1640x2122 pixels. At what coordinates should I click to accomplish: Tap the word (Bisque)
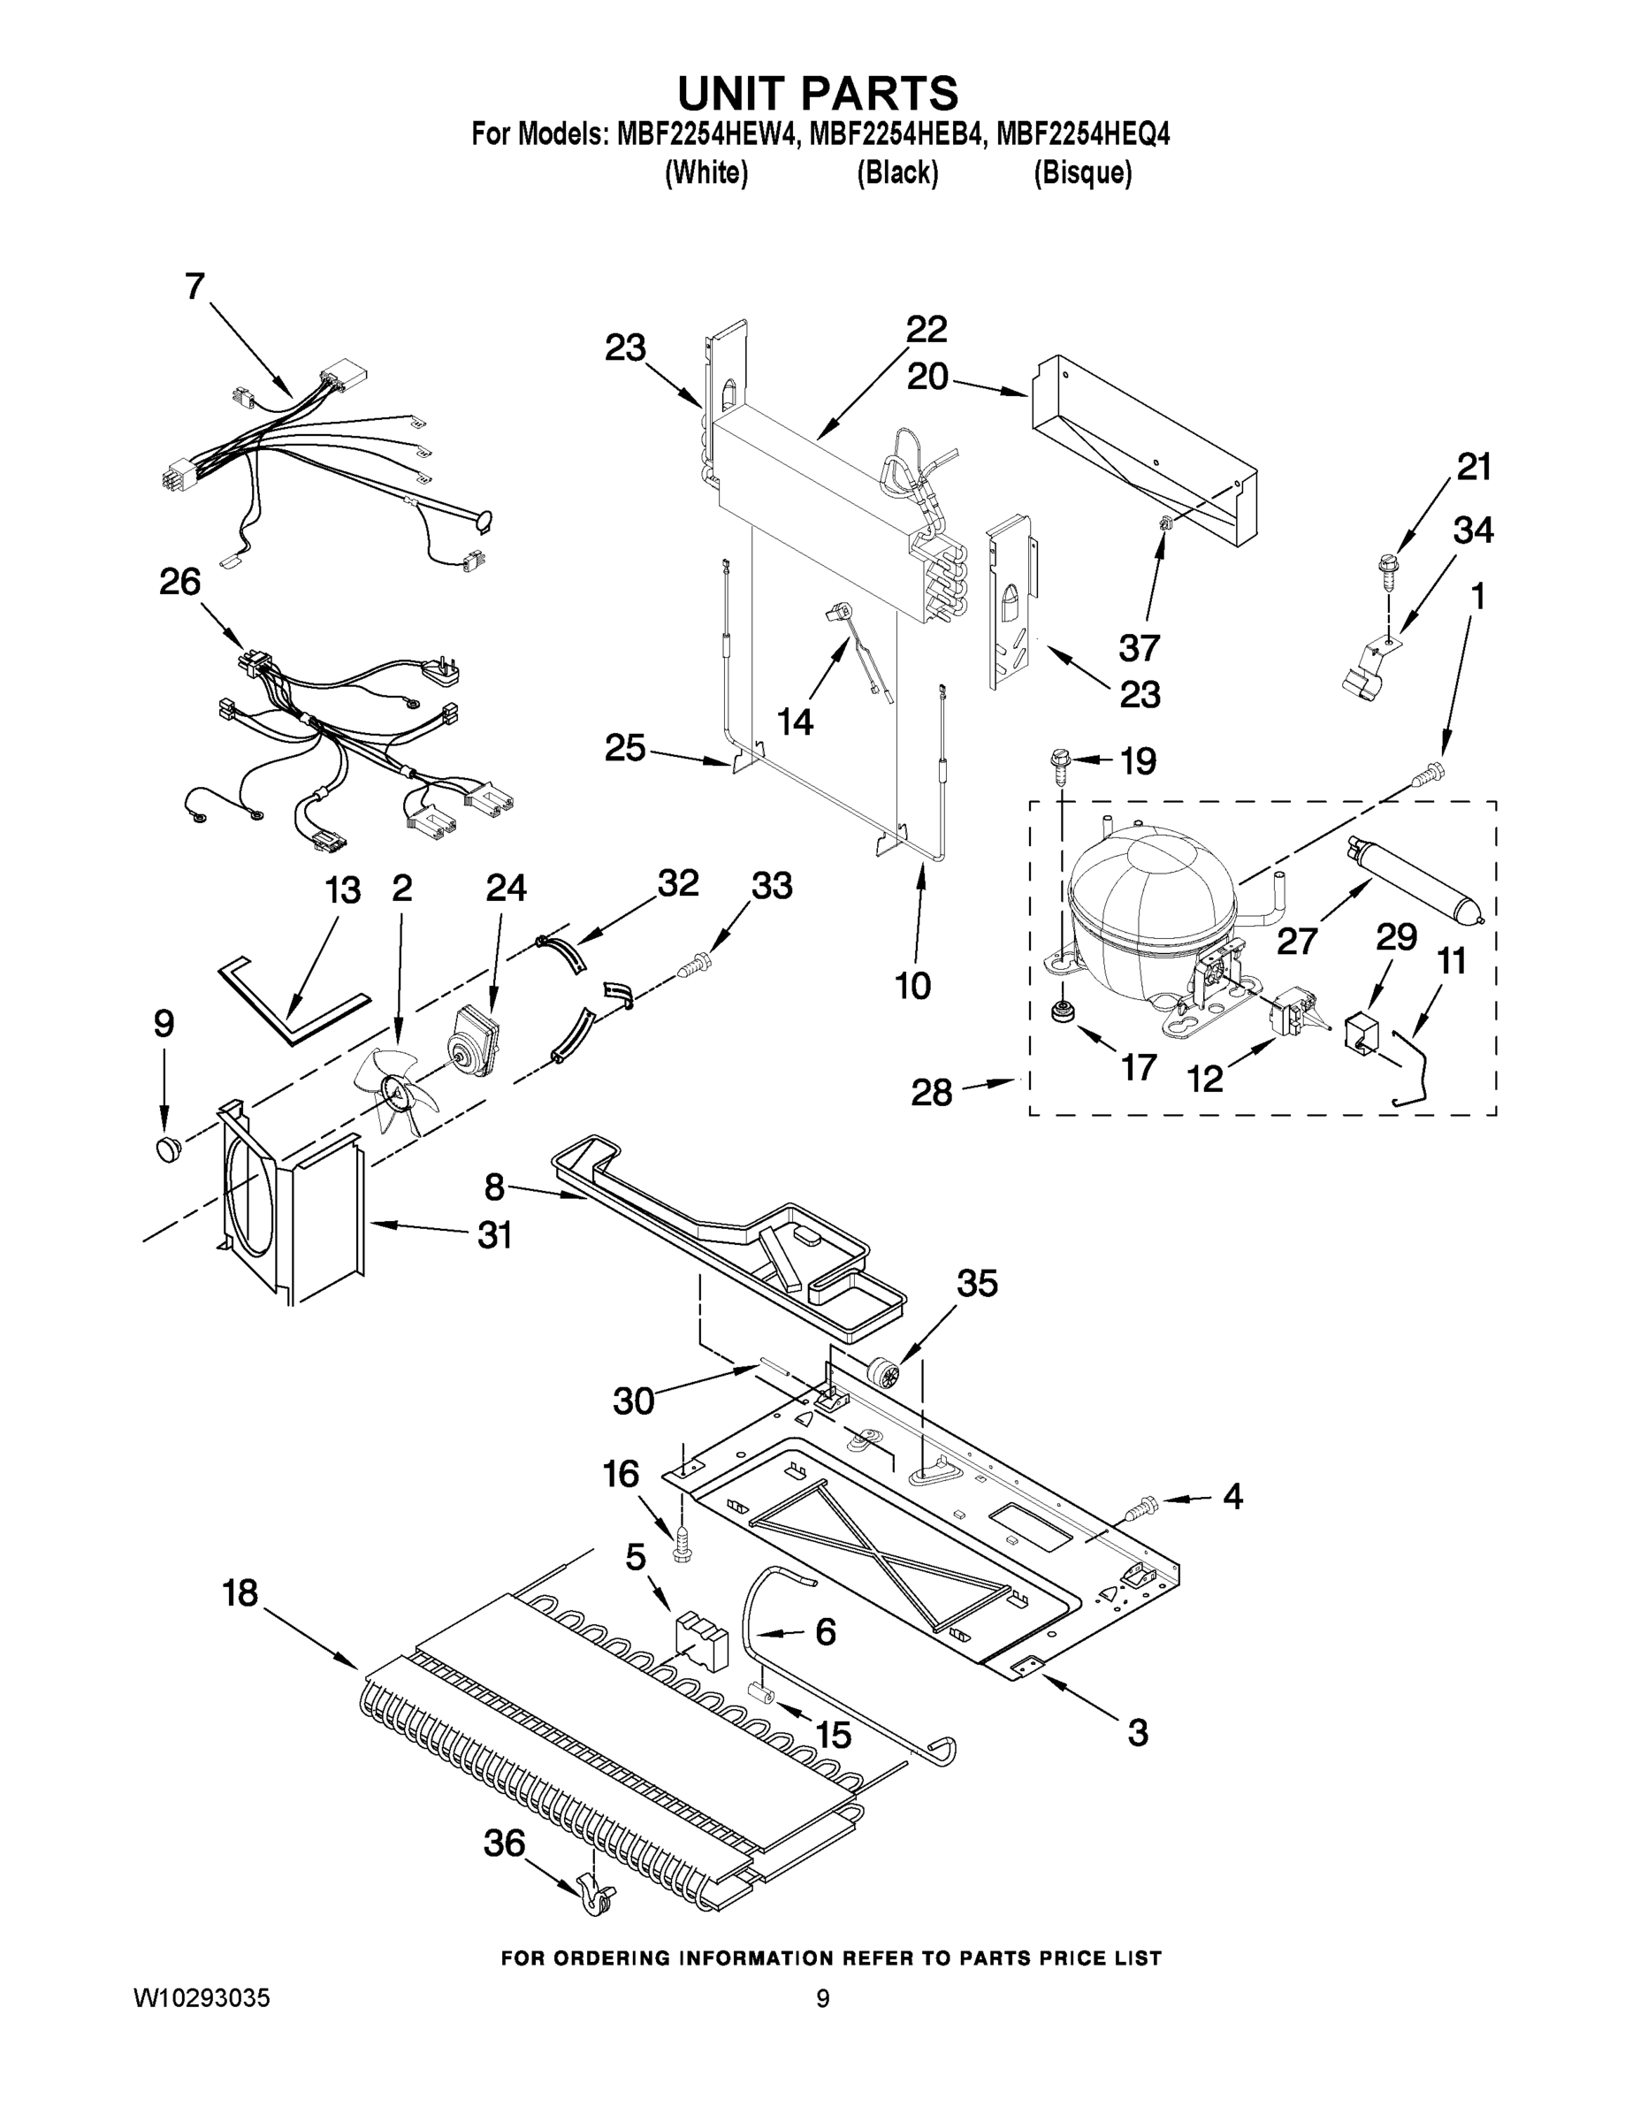(1082, 173)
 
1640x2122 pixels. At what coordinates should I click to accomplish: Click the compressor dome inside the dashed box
(1151, 908)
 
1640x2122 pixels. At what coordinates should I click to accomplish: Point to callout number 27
(1297, 940)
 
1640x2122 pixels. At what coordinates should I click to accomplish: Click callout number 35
(976, 1284)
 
